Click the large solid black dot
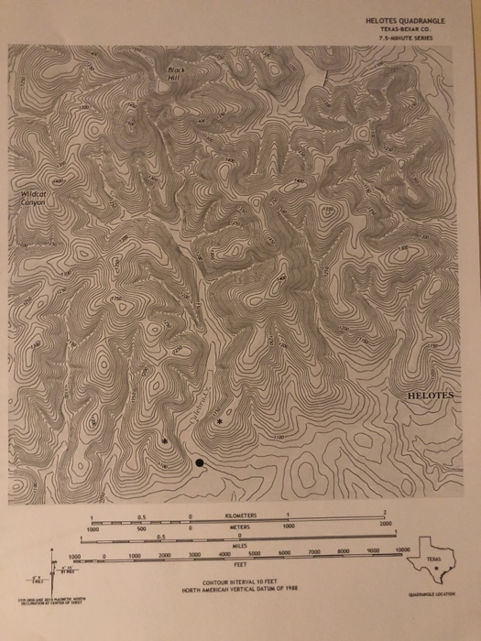click(200, 463)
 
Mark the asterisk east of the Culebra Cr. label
click(219, 422)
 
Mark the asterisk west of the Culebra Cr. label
click(164, 441)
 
